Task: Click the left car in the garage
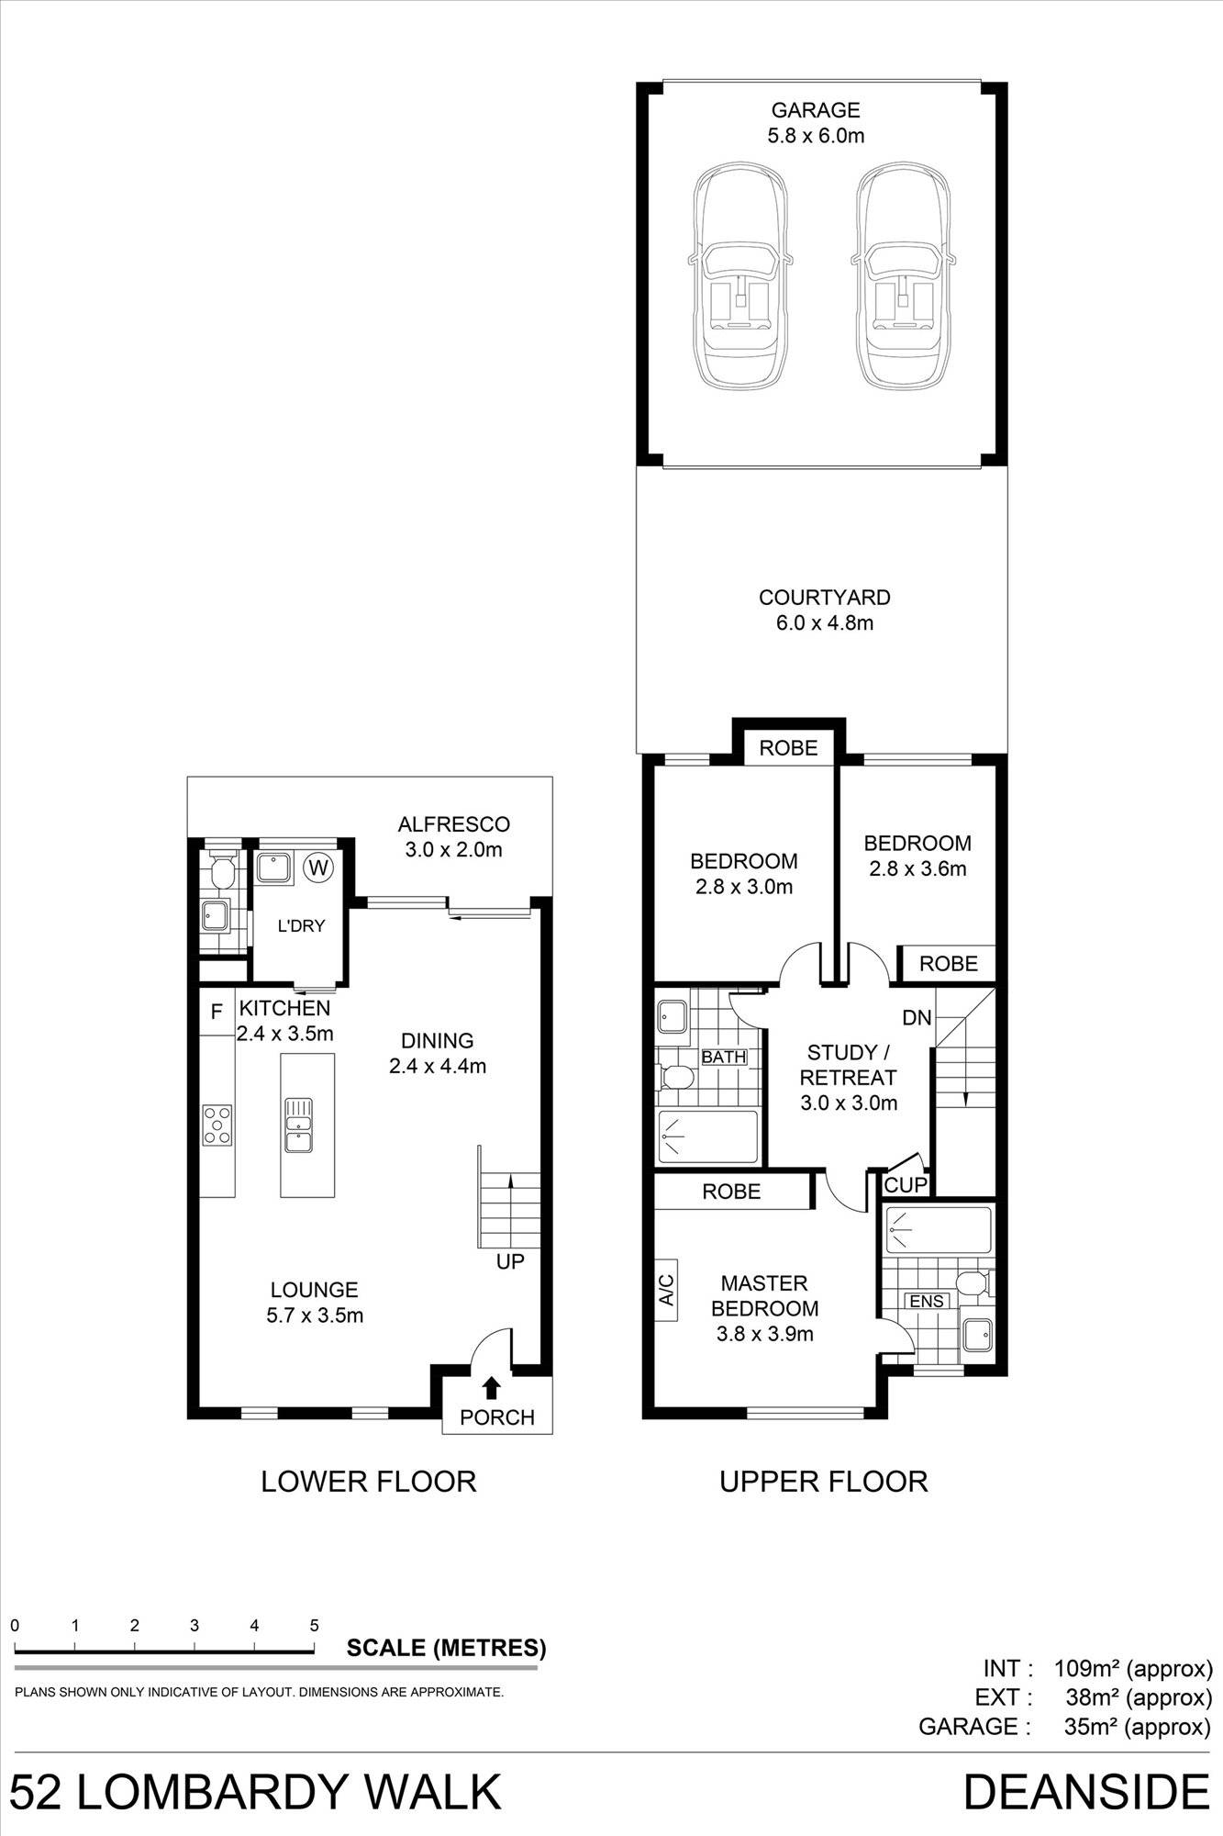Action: pyautogui.click(x=740, y=275)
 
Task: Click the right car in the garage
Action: pyautogui.click(x=904, y=275)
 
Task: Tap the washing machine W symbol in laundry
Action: pyautogui.click(x=319, y=867)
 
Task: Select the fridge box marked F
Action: pyautogui.click(x=217, y=1013)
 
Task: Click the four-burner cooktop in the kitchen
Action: pyautogui.click(x=217, y=1125)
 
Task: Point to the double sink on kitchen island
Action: pyautogui.click(x=299, y=1125)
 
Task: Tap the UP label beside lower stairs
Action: pyautogui.click(x=510, y=1261)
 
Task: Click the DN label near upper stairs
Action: pyautogui.click(x=917, y=1017)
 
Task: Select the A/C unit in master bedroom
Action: pyautogui.click(x=667, y=1290)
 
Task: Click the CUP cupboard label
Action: pyautogui.click(x=906, y=1185)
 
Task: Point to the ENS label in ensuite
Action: pyautogui.click(x=926, y=1301)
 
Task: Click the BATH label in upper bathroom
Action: pyautogui.click(x=724, y=1057)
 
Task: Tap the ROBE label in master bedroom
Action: pyautogui.click(x=731, y=1192)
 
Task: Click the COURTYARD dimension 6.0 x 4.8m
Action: pyautogui.click(x=824, y=623)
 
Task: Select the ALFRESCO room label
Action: pyautogui.click(x=453, y=824)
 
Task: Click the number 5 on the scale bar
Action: pyautogui.click(x=315, y=1625)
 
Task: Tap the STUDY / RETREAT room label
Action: pyautogui.click(x=848, y=1065)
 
